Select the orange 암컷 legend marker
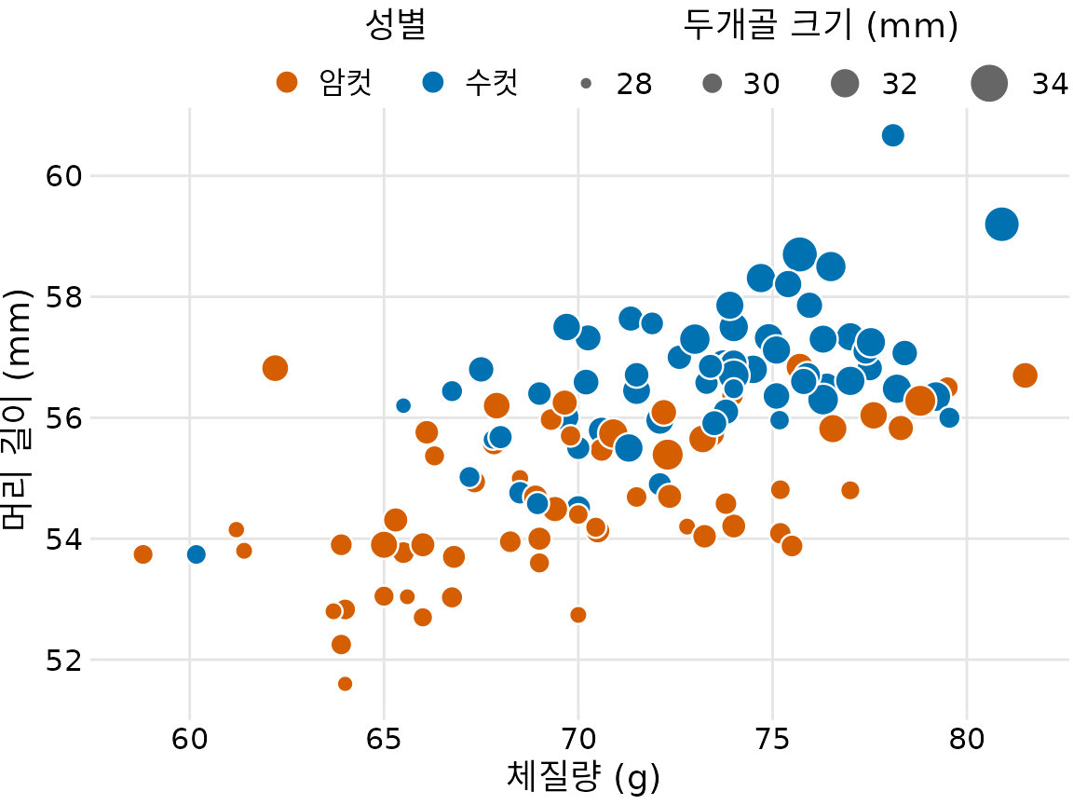pos(288,83)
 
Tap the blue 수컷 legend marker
pos(432,83)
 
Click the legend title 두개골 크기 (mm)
pos(821,27)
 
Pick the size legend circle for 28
pos(586,84)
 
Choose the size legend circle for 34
pos(989,84)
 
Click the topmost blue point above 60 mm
pos(892,135)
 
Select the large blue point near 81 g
pos(1001,224)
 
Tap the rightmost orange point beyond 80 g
pos(1025,375)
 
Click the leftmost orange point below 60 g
pos(143,554)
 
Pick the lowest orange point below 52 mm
pos(345,684)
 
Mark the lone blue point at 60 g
pos(196,554)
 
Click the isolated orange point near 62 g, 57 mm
pos(275,368)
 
